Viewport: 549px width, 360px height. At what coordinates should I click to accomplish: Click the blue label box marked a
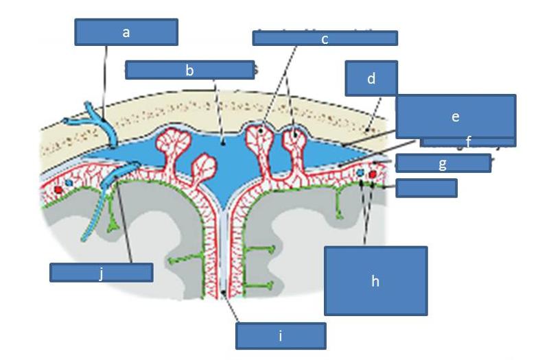pyautogui.click(x=126, y=32)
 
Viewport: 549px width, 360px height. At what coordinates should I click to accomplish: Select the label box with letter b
pyautogui.click(x=190, y=69)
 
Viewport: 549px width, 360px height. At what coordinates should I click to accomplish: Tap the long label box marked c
pyautogui.click(x=325, y=38)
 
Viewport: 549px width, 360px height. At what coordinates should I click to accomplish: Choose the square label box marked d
pyautogui.click(x=371, y=78)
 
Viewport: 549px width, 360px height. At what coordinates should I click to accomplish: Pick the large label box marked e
pyautogui.click(x=455, y=117)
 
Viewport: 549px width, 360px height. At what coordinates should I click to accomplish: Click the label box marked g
pyautogui.click(x=443, y=163)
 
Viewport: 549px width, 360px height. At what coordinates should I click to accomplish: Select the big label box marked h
pyautogui.click(x=375, y=281)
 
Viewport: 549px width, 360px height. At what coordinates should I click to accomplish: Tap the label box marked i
pyautogui.click(x=280, y=336)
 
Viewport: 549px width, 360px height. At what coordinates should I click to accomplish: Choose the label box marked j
pyautogui.click(x=101, y=272)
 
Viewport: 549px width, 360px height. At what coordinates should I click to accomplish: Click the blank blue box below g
pyautogui.click(x=426, y=188)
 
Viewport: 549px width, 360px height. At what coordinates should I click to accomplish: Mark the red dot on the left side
pyautogui.click(x=60, y=187)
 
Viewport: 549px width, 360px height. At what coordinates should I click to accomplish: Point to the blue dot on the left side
pyautogui.click(x=69, y=184)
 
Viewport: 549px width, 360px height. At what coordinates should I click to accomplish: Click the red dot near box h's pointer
pyautogui.click(x=373, y=175)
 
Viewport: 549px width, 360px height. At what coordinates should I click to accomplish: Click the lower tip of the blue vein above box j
pyautogui.click(x=82, y=239)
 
